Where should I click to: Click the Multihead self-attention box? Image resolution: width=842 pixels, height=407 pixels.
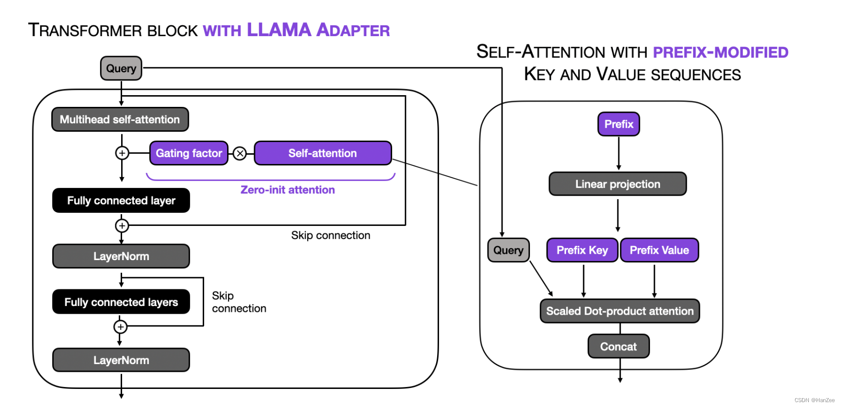(x=120, y=120)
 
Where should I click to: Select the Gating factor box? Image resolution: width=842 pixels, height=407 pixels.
(x=189, y=153)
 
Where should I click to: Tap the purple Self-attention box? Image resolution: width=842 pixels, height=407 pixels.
(x=322, y=153)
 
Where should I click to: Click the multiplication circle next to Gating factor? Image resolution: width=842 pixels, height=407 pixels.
(x=240, y=154)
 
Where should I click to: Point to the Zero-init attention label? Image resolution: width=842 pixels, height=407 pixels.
(x=287, y=190)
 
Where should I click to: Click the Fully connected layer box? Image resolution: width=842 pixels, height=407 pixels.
(x=121, y=201)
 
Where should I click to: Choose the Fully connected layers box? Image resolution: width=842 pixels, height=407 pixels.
(x=121, y=302)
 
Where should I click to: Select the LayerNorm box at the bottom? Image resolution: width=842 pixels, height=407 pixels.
(x=121, y=360)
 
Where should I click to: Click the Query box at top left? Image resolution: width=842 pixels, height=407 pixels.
(x=121, y=68)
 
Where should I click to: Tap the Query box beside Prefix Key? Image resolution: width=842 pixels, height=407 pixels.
(x=508, y=250)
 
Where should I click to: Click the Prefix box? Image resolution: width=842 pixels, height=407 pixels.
(x=618, y=124)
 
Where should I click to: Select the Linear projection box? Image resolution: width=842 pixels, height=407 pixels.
(x=617, y=184)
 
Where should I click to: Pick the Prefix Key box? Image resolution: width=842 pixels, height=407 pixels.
(x=582, y=250)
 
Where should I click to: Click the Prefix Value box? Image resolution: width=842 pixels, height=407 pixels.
(x=659, y=250)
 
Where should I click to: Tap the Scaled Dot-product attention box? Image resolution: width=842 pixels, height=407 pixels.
(x=619, y=311)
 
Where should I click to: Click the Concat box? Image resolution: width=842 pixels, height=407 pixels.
(x=618, y=346)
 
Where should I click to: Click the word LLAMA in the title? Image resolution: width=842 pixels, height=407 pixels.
(x=278, y=30)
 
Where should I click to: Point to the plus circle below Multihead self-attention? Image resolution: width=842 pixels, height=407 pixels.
(x=122, y=153)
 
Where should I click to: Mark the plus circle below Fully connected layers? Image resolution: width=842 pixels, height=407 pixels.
(x=121, y=326)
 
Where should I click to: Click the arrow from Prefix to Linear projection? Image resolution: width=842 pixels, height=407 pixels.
(x=618, y=153)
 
